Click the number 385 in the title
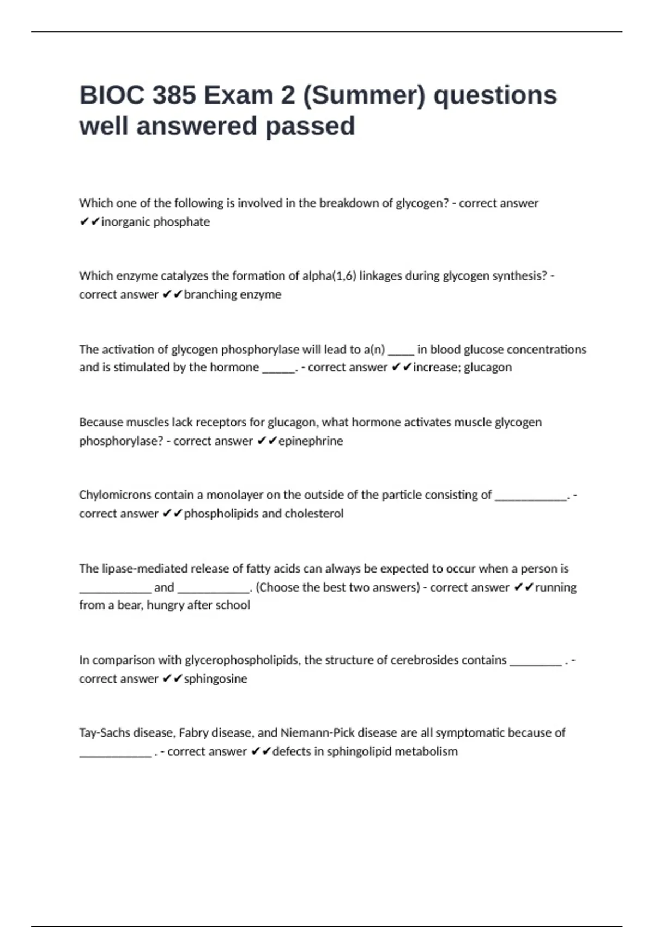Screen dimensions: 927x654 click(174, 95)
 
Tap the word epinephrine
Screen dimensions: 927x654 click(311, 441)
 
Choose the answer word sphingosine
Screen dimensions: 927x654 click(215, 679)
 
